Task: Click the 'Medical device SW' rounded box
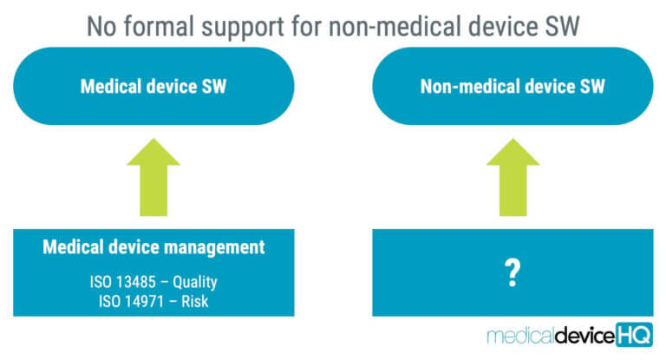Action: [153, 87]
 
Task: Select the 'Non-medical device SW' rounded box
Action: [513, 87]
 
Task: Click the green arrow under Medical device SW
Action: [153, 177]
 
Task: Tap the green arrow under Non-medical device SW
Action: [513, 177]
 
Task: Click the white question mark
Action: [513, 272]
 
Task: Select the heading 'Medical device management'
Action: [153, 247]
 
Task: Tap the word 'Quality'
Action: [196, 281]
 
